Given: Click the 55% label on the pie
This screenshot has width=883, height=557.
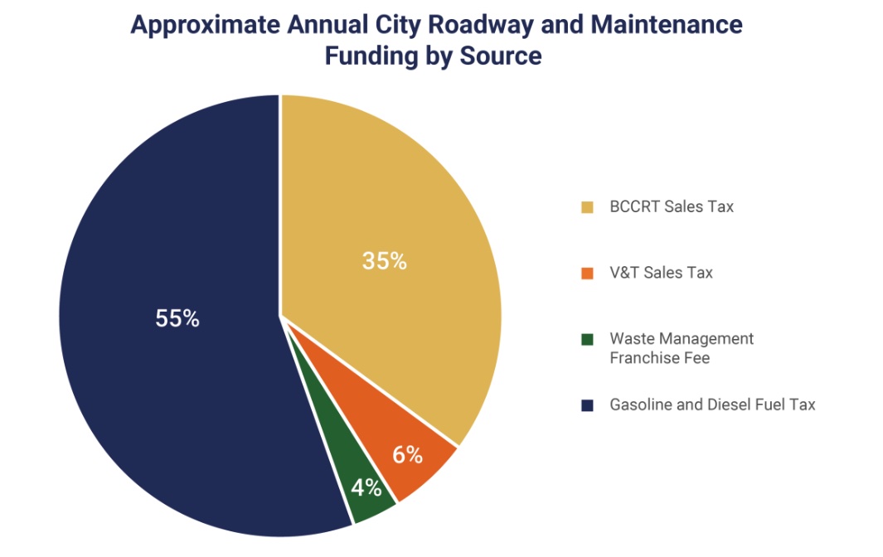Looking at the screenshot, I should click(x=177, y=318).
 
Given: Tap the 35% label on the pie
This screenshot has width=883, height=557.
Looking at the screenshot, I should click(x=384, y=261).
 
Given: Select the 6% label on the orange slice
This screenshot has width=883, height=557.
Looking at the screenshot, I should click(x=407, y=455).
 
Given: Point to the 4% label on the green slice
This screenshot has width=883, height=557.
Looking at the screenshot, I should click(x=366, y=487).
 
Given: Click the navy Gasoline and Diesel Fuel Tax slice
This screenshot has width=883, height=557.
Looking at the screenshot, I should click(x=166, y=373).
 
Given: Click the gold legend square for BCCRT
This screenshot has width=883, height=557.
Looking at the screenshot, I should click(x=587, y=207).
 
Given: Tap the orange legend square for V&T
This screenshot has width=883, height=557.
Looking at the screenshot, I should click(x=587, y=273).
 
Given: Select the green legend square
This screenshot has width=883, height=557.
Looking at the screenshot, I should click(x=587, y=339).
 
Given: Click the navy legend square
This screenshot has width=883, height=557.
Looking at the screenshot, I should click(x=587, y=405).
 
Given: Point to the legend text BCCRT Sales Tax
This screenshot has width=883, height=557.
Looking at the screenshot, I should click(x=672, y=207).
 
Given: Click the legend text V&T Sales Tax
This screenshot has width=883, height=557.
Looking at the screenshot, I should click(x=661, y=273).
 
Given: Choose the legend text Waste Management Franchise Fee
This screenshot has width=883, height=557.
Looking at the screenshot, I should click(x=682, y=348).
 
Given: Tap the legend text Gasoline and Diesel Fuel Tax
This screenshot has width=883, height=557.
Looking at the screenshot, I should click(x=712, y=405).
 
